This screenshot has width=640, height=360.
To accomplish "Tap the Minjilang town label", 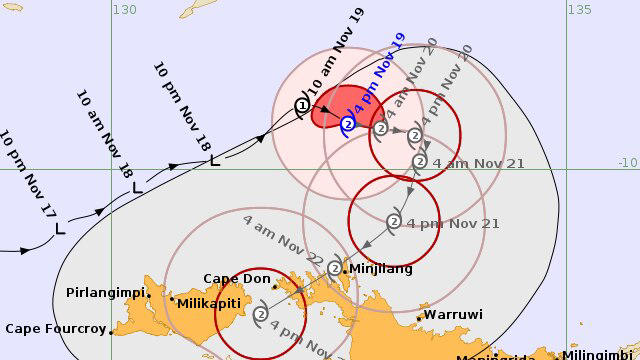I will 381,269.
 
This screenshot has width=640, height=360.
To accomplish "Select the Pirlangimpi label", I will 105,293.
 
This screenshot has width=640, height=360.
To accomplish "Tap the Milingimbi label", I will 599,355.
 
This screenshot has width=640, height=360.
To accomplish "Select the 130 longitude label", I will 124,9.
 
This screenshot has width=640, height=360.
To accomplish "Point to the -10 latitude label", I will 627,162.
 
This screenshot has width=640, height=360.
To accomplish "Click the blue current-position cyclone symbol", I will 348,124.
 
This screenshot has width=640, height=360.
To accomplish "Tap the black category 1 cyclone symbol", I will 302,106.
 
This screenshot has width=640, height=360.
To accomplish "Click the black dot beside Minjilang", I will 345,270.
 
